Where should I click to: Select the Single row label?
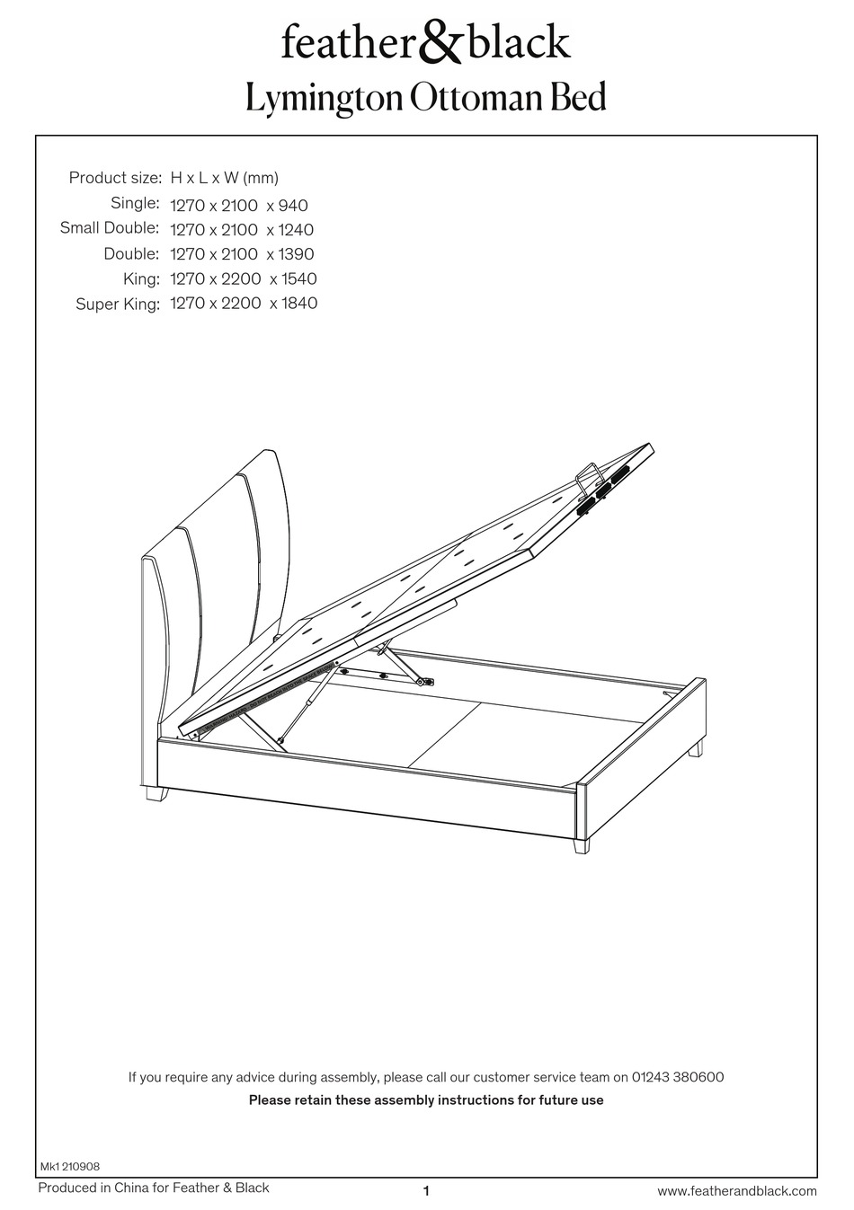135,203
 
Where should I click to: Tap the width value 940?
293,206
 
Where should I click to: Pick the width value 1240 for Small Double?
297,230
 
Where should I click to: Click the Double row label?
131,254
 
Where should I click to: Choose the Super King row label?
118,305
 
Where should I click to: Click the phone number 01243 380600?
679,1076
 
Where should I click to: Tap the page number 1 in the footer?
426,1191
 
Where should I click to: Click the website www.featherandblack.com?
737,1191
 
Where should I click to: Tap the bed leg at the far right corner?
697,749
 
